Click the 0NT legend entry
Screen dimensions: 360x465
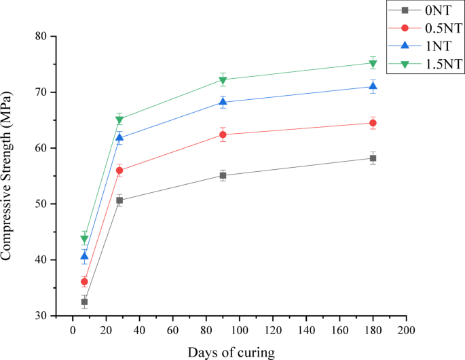(x=425, y=10)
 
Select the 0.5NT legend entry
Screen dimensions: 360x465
(x=425, y=28)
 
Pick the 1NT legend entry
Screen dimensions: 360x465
(x=425, y=46)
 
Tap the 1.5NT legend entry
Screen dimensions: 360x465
(x=425, y=64)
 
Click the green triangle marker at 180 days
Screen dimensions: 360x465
(x=373, y=64)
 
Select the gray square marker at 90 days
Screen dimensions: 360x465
(x=223, y=175)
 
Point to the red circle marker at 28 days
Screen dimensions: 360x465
(x=119, y=170)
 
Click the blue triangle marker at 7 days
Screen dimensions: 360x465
(x=84, y=256)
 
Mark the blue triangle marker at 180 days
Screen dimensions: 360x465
(x=373, y=86)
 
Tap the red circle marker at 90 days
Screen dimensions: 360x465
(x=223, y=134)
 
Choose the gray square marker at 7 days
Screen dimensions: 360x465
(x=84, y=302)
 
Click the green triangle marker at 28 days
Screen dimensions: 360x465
(x=119, y=120)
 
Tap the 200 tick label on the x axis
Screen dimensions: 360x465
(x=406, y=330)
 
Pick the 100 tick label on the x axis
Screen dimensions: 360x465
(x=240, y=330)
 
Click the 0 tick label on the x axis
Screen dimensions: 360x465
(x=73, y=330)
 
